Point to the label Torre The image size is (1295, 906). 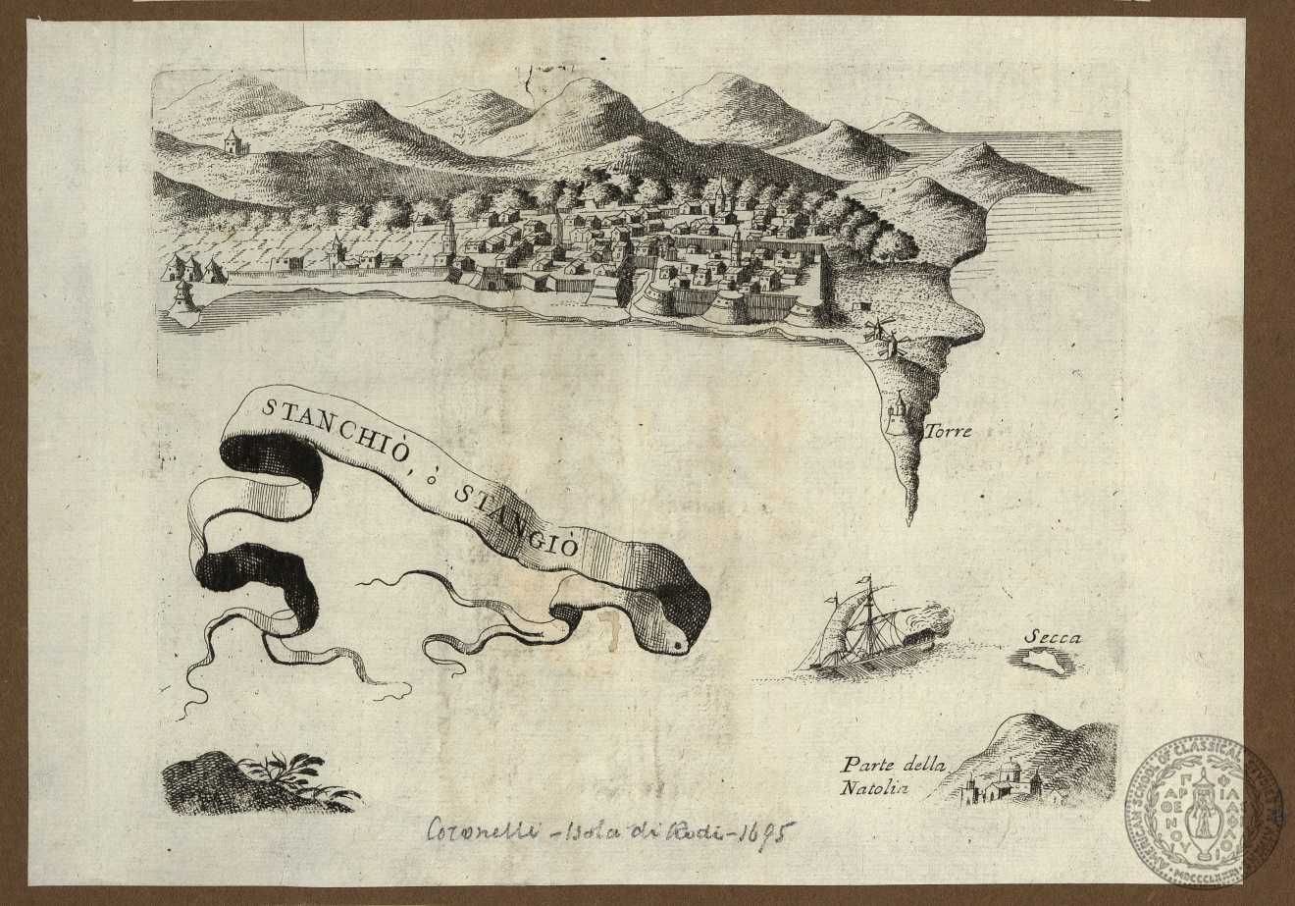point(945,429)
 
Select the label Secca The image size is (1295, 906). point(1052,637)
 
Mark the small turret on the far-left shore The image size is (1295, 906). point(182,294)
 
